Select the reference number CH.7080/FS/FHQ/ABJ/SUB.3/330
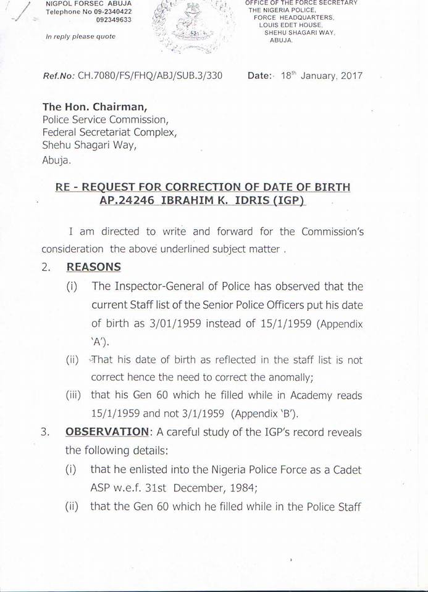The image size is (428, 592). point(149,76)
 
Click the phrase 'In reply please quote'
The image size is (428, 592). point(80,36)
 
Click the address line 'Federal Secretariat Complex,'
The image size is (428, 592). point(109,133)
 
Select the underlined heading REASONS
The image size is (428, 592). point(93,267)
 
